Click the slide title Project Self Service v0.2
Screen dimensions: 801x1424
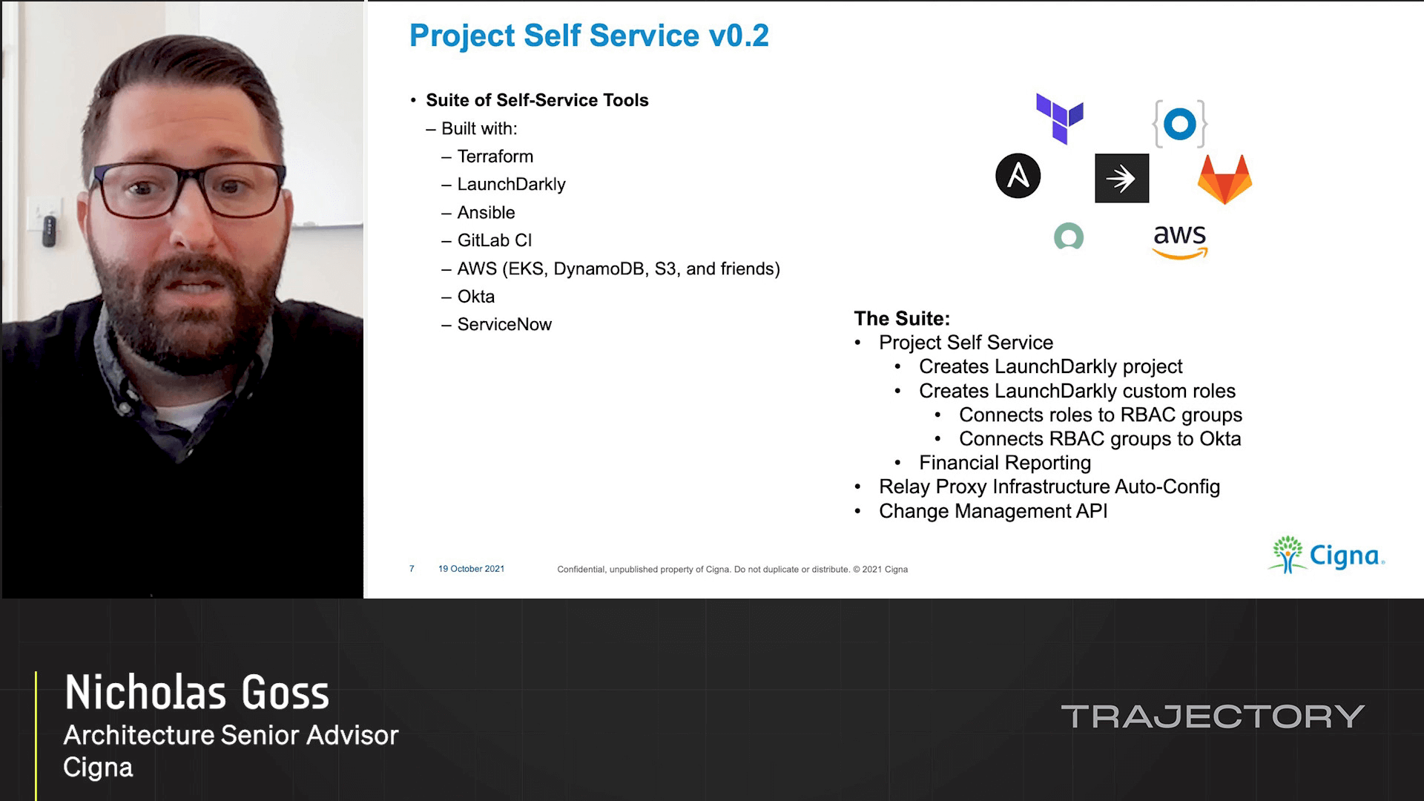click(x=589, y=36)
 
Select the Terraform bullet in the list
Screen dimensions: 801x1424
click(x=495, y=156)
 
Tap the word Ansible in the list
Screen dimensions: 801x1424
click(x=486, y=213)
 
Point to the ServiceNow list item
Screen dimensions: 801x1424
click(x=504, y=325)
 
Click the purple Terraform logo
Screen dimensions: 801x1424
click(x=1059, y=119)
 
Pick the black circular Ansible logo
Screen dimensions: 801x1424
click(x=1018, y=177)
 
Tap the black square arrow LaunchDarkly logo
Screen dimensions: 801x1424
click(x=1121, y=179)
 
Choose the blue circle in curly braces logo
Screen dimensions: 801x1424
click(x=1179, y=124)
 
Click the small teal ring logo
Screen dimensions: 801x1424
click(x=1068, y=237)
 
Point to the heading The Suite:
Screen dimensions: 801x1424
click(x=901, y=319)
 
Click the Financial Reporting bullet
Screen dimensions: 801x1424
click(x=1004, y=463)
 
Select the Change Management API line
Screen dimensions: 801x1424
click(x=992, y=511)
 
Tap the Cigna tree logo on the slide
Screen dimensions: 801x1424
click(x=1288, y=555)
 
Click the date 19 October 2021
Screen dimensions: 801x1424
click(x=471, y=569)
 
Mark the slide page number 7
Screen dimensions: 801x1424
click(x=412, y=569)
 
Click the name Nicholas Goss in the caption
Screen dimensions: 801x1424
click(x=197, y=693)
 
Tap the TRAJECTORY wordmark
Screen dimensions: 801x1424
click(x=1212, y=716)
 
